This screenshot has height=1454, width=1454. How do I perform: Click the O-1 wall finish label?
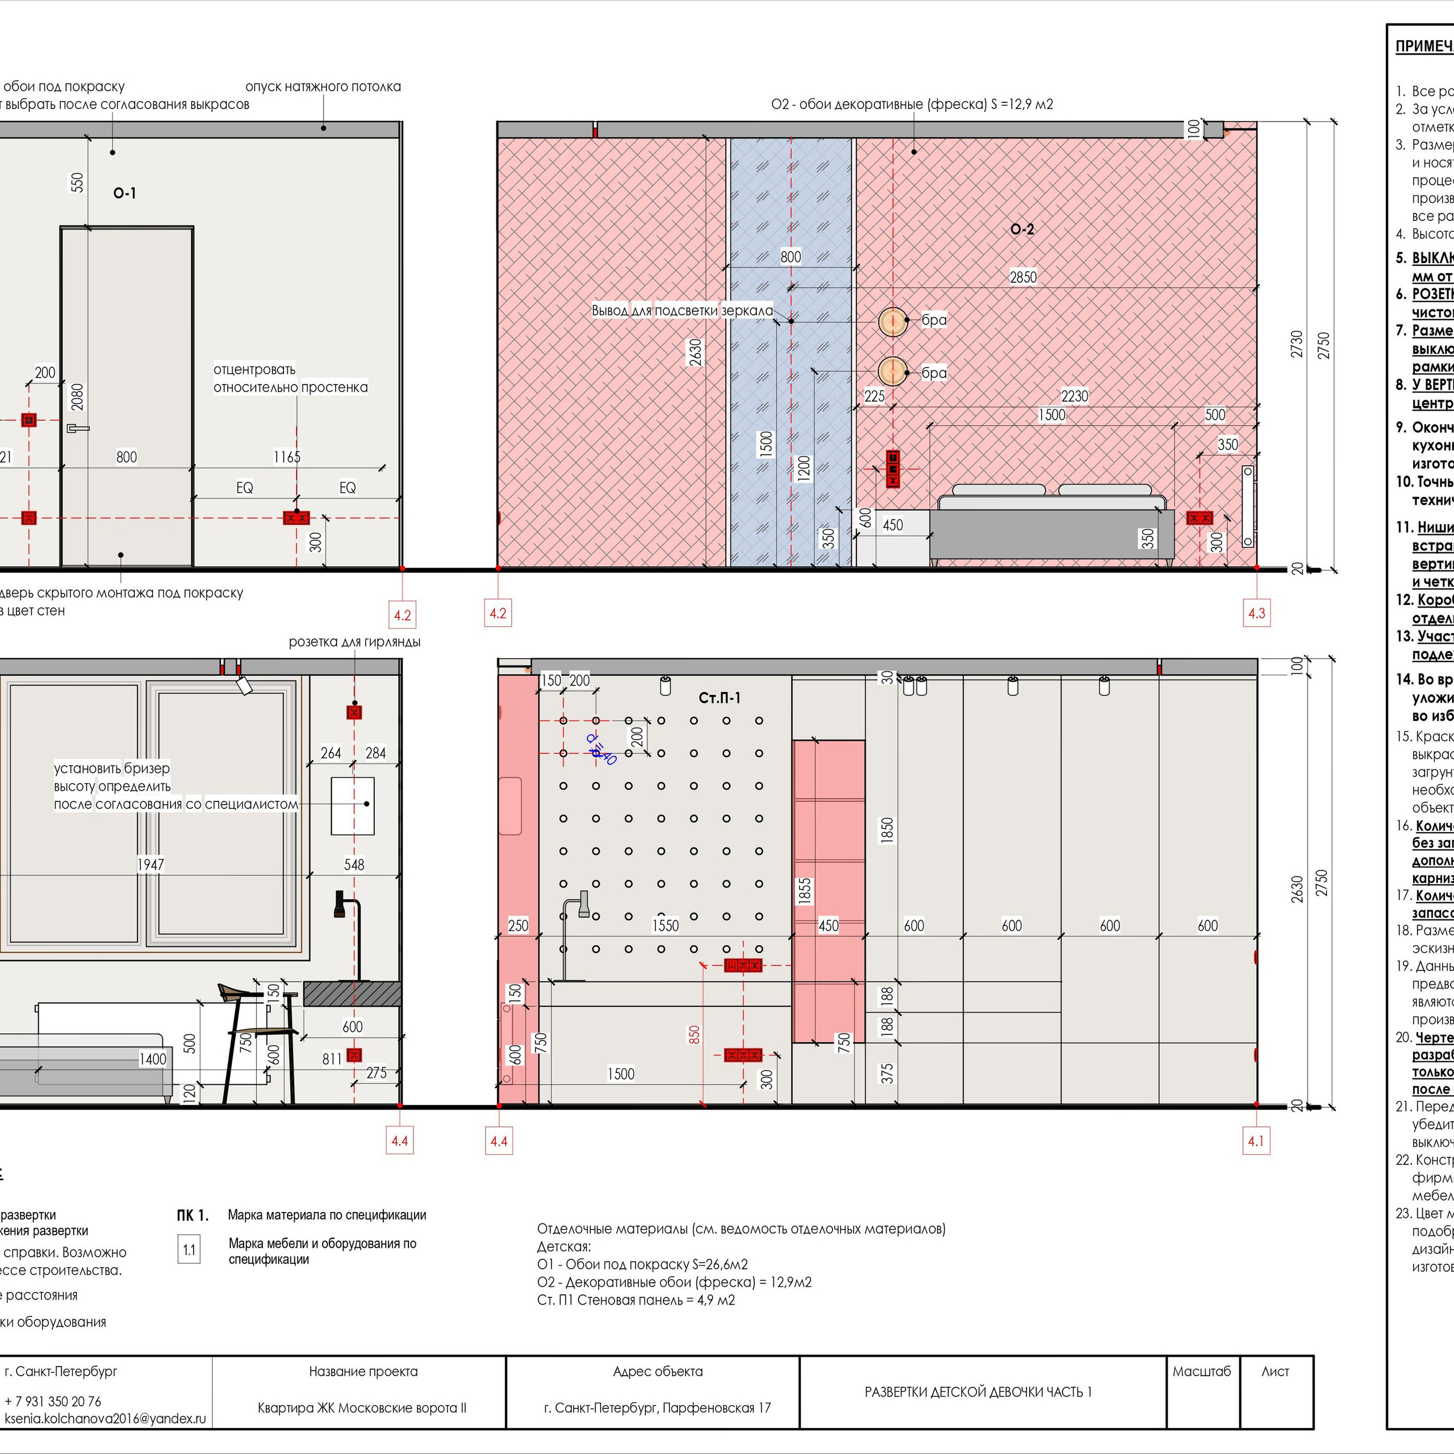click(x=125, y=194)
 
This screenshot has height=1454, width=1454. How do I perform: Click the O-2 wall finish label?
click(x=1022, y=229)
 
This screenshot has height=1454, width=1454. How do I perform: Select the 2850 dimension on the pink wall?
click(x=1023, y=277)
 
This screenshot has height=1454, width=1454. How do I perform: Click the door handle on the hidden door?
click(x=77, y=428)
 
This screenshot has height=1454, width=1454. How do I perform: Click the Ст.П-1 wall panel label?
click(x=720, y=697)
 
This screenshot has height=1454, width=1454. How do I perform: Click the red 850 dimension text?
click(x=694, y=1034)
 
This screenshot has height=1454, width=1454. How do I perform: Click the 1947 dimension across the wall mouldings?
click(x=151, y=864)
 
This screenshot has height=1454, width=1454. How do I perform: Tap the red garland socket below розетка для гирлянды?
click(x=354, y=711)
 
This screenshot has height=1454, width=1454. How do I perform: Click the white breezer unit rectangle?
click(x=352, y=806)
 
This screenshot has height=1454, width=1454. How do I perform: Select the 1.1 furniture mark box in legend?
click(x=189, y=1251)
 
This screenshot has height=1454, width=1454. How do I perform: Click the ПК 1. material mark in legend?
click(x=192, y=1215)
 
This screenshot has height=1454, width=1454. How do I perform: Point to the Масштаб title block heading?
click(x=1201, y=1371)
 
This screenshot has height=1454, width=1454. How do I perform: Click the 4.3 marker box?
click(x=1256, y=613)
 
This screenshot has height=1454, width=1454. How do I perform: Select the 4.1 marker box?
click(x=1255, y=1141)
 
